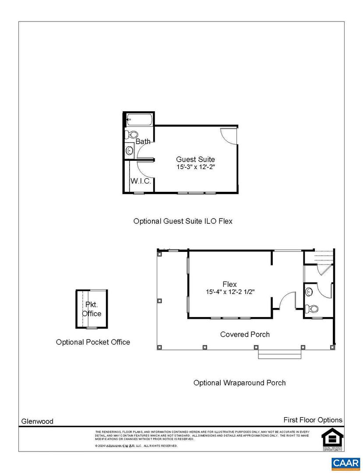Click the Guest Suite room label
195,159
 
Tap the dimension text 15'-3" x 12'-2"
195,167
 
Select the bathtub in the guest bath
139,119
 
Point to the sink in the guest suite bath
130,151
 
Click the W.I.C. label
141,181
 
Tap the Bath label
143,141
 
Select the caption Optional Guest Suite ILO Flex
183,221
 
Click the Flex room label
229,284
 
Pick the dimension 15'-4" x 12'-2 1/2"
230,292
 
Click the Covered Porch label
245,334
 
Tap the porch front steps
280,354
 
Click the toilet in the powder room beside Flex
313,309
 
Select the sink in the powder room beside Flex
309,290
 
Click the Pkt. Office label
92,310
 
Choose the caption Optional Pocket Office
93,342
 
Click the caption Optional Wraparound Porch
240,383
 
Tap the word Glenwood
37,421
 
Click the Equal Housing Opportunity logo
332,438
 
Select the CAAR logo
345,463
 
